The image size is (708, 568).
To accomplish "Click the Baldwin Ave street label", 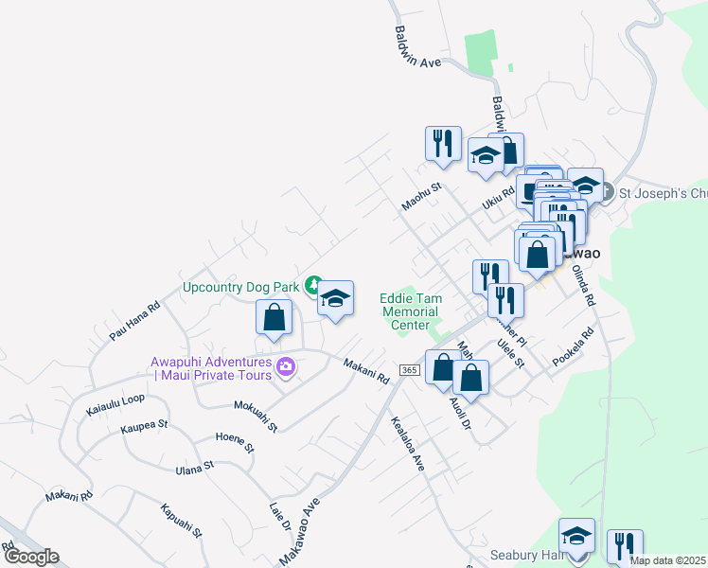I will pos(417,46).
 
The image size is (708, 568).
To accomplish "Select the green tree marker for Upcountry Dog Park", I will pos(313,285).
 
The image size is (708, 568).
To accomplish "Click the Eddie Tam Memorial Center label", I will pos(410,311).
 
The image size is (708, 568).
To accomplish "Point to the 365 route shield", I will pos(409,369).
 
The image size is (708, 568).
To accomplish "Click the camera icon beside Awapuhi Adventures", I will pos(283,365).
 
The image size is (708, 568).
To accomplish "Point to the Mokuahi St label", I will pos(256,416).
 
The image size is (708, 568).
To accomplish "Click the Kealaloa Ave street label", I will pos(408,441).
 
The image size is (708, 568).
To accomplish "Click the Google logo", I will pos(30,557).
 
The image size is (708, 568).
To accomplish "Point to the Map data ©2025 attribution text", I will pos(666,560).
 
